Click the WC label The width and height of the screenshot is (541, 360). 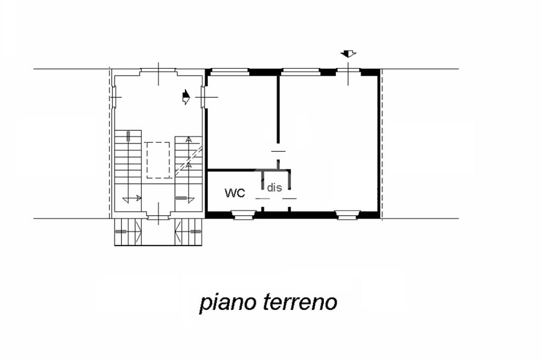pyautogui.click(x=235, y=193)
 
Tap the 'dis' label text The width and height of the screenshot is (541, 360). pyautogui.click(x=274, y=187)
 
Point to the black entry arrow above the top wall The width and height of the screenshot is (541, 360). pyautogui.click(x=348, y=53)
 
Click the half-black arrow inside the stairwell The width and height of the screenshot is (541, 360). pyautogui.click(x=186, y=97)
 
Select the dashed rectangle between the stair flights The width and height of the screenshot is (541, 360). pyautogui.click(x=158, y=160)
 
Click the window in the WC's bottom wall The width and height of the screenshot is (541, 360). pyautogui.click(x=244, y=215)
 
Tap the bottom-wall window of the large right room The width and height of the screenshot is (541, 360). pyautogui.click(x=348, y=215)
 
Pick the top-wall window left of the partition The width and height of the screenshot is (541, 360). pyautogui.click(x=229, y=72)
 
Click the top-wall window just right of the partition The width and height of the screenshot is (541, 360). pyautogui.click(x=301, y=72)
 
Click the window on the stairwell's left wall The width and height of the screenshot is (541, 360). pyautogui.click(x=114, y=97)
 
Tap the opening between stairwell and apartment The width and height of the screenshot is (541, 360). pyautogui.click(x=203, y=97)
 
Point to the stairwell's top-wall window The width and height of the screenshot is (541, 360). pyautogui.click(x=158, y=71)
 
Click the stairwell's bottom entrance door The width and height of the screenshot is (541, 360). pyautogui.click(x=158, y=216)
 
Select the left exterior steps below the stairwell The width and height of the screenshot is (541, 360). pyautogui.click(x=128, y=232)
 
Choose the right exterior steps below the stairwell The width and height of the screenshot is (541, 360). pyautogui.click(x=189, y=232)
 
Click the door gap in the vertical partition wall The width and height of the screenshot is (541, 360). pyautogui.click(x=278, y=151)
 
